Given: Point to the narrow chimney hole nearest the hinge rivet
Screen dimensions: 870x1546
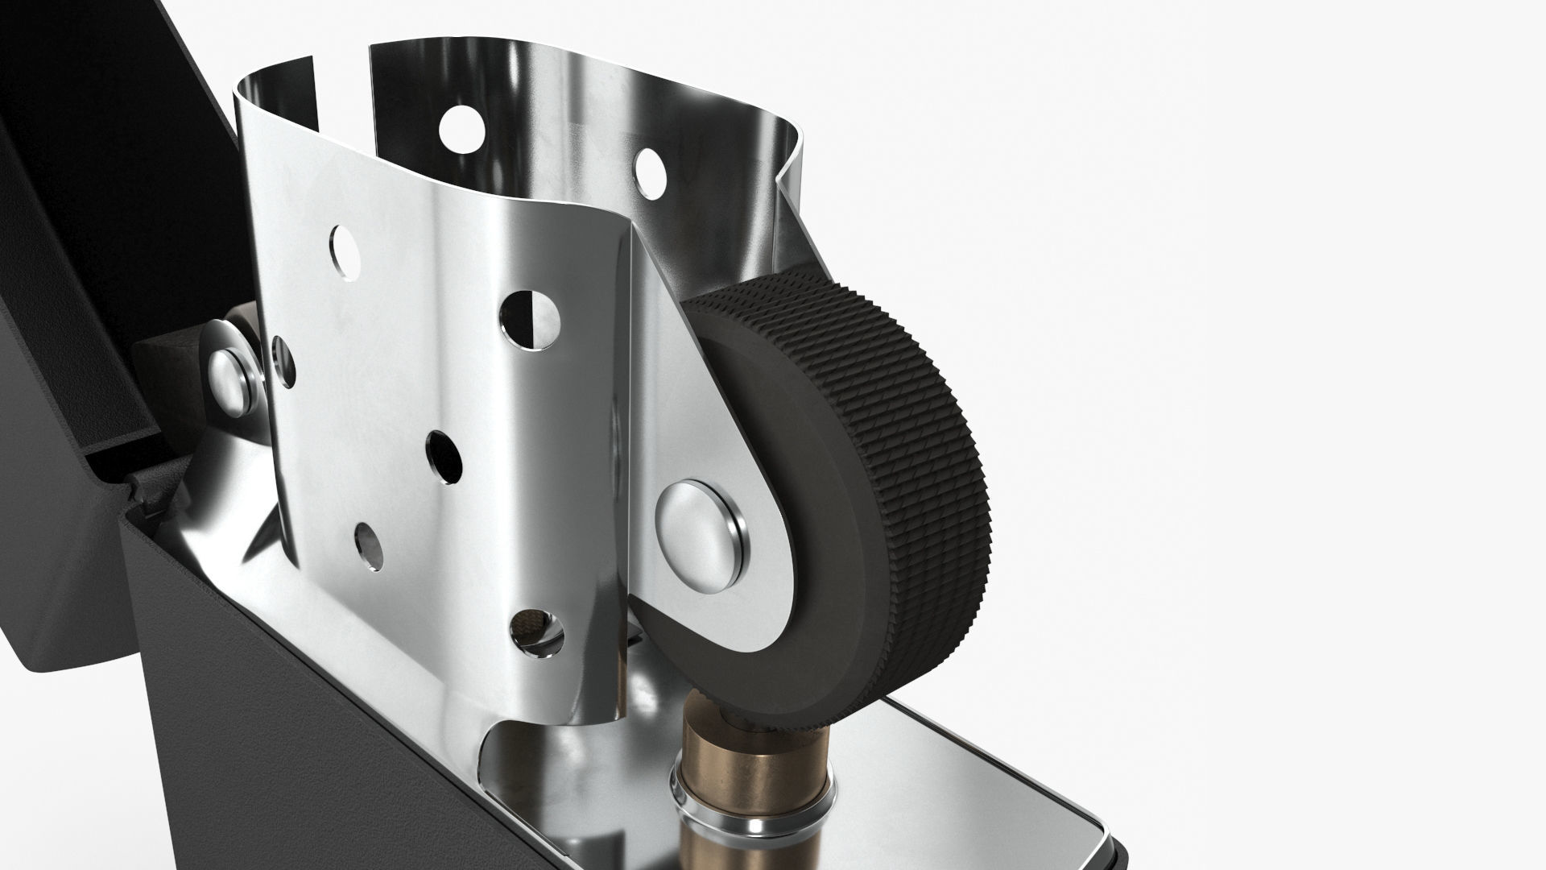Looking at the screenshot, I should tap(283, 360).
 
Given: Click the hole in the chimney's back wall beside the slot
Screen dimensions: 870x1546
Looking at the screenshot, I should tap(462, 127).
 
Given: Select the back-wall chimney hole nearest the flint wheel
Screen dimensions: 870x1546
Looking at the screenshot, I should tap(649, 170).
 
